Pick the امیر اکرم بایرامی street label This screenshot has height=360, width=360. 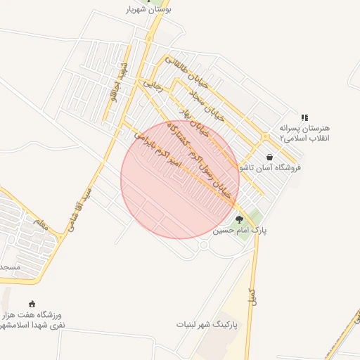click(157, 149)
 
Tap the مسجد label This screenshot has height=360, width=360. click(11, 269)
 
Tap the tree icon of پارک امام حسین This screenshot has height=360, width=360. click(239, 219)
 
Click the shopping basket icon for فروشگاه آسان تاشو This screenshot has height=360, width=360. click(269, 157)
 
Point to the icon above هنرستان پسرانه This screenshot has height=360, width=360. click(304, 117)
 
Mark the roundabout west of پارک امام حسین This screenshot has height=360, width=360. click(203, 245)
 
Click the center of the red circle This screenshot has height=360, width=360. click(180, 179)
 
